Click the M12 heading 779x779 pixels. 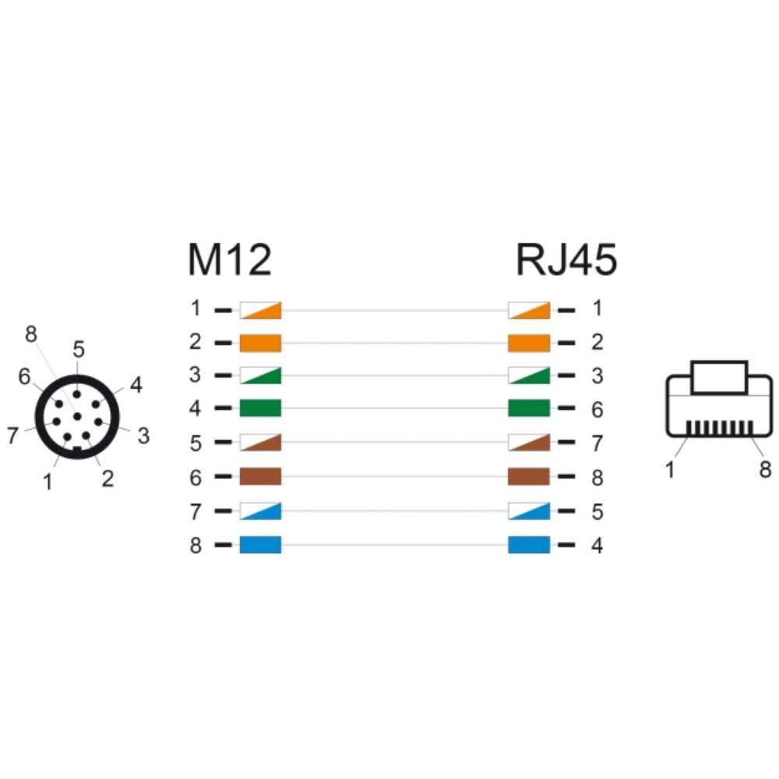(230, 259)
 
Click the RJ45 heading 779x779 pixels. (566, 259)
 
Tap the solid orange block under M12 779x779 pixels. (260, 343)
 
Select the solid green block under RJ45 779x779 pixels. (529, 408)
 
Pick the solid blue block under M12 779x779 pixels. (260, 545)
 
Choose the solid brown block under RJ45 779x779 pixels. (529, 476)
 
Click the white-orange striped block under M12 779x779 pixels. (260, 310)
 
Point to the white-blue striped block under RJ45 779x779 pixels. (529, 511)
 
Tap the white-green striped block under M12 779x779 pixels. (260, 375)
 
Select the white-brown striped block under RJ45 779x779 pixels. (529, 442)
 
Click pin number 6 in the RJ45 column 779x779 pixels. (597, 410)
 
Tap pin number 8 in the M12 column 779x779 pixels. (196, 545)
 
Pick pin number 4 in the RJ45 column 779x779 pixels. (597, 545)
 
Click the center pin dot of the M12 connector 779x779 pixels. (77, 416)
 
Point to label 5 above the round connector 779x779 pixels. (79, 349)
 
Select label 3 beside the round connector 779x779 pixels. (143, 435)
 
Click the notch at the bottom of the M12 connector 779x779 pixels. (77, 449)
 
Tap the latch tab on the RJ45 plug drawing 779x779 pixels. (719, 378)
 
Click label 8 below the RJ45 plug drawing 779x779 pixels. (765, 469)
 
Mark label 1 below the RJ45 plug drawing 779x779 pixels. (670, 470)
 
